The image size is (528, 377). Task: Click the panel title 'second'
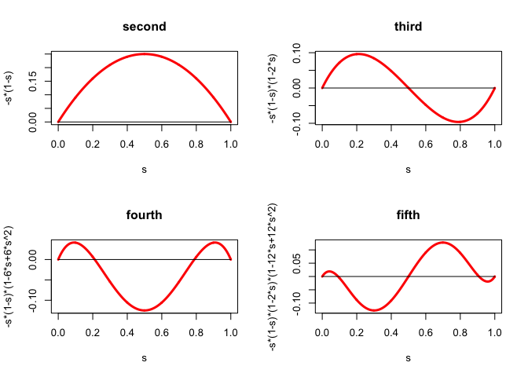point(145,27)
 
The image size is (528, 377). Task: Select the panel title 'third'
point(408,27)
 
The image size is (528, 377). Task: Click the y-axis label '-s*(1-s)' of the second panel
point(11,87)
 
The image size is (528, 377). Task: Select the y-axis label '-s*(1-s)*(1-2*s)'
point(274,87)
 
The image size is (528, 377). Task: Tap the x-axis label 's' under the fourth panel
point(144,357)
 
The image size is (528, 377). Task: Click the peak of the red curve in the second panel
point(145,54)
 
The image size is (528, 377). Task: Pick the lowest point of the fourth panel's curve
point(145,310)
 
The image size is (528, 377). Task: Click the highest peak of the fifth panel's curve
point(443,243)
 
